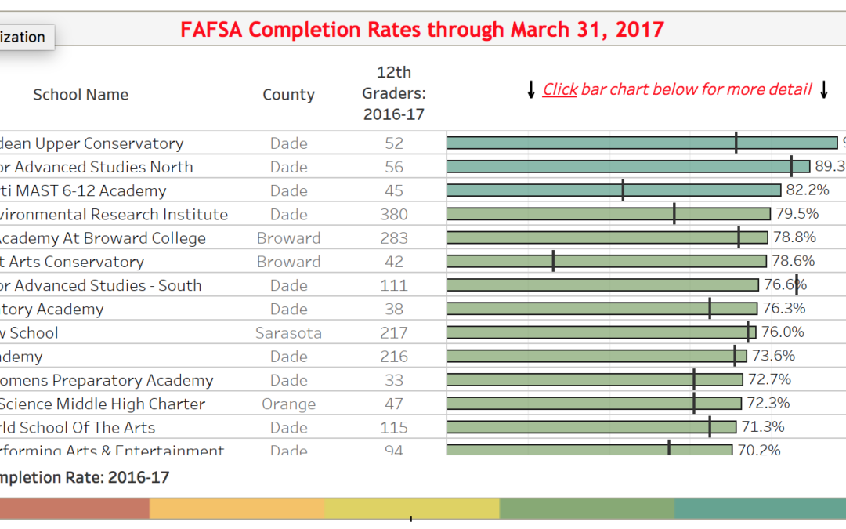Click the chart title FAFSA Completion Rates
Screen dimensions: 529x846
pyautogui.click(x=422, y=30)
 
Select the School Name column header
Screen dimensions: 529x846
pyautogui.click(x=81, y=95)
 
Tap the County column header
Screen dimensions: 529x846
pyautogui.click(x=288, y=95)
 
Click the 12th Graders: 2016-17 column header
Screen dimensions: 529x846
pyautogui.click(x=393, y=93)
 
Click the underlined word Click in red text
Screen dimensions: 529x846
pyautogui.click(x=560, y=89)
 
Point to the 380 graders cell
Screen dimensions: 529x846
pyautogui.click(x=393, y=215)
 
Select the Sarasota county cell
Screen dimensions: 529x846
pyautogui.click(x=288, y=333)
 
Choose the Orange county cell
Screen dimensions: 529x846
pyautogui.click(x=288, y=404)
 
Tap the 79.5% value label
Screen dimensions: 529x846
pyautogui.click(x=797, y=214)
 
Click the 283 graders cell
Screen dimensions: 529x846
pyautogui.click(x=393, y=238)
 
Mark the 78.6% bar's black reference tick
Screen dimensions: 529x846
pyautogui.click(x=553, y=261)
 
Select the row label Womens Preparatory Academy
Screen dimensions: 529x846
pyautogui.click(x=107, y=380)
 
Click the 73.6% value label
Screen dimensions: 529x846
pyautogui.click(x=773, y=356)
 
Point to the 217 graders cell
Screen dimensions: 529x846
pyautogui.click(x=393, y=333)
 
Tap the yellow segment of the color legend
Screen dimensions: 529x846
pyautogui.click(x=411, y=509)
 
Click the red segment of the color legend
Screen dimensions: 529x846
pyautogui.click(x=74, y=509)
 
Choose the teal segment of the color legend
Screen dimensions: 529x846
pyautogui.click(x=760, y=509)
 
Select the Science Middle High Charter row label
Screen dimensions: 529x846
pyautogui.click(x=103, y=404)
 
